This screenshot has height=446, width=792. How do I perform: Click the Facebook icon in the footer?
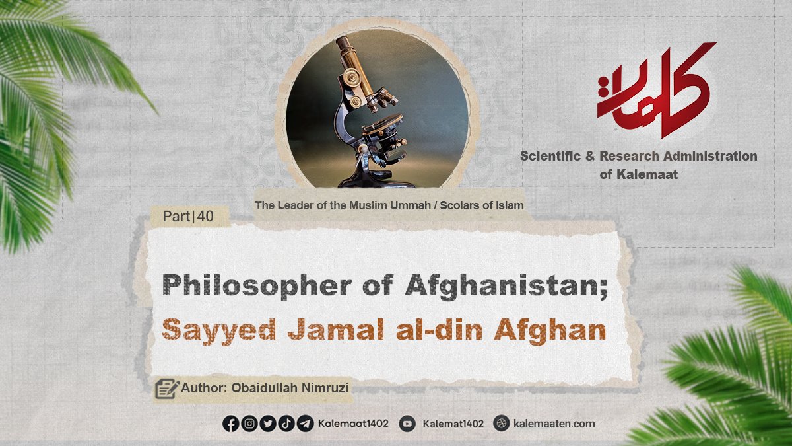coord(231,424)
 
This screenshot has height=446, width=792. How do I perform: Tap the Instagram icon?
coord(249,424)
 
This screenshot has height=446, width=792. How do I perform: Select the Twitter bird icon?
coord(268,424)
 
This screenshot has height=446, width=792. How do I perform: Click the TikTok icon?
coord(286,424)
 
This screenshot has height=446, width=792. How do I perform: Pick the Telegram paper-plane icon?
coord(305,424)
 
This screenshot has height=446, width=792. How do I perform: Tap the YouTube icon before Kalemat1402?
coord(407,424)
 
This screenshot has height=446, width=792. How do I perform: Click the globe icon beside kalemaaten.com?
coord(502,423)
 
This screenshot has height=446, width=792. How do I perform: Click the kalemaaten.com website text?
coord(554,424)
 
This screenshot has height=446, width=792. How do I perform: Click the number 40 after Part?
coord(205,216)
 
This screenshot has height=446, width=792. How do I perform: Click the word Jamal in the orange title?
coord(336,330)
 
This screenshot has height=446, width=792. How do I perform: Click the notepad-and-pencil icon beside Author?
coord(167,389)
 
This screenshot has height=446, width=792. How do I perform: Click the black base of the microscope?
coord(375,180)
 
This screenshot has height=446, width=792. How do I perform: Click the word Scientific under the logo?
coord(550,156)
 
